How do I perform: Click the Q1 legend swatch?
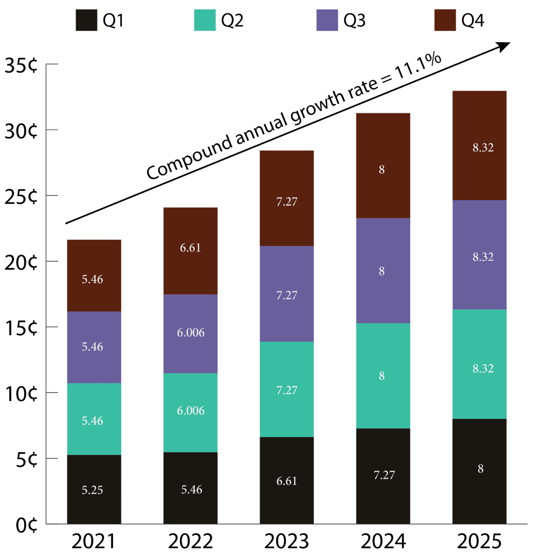[87, 20]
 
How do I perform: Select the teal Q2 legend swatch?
[205, 20]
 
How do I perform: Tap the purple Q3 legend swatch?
[327, 20]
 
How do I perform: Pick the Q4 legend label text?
[473, 21]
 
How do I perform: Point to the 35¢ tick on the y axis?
[21, 66]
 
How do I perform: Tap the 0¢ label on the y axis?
[26, 525]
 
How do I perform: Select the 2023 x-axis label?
[286, 541]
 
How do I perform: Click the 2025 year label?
[479, 541]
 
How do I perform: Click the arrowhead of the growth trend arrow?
[504, 46]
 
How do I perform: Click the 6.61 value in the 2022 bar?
[191, 248]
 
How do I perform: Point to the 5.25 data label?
[92, 490]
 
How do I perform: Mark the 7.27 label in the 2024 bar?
[384, 475]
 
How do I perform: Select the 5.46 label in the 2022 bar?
[191, 490]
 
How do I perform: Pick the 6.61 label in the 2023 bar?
[286, 481]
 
